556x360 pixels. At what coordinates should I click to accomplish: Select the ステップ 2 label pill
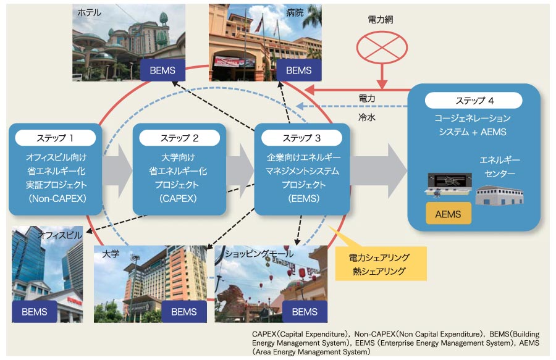point(179,138)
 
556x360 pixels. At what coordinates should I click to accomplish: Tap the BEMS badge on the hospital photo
point(299,70)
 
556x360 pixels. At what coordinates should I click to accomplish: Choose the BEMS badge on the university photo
point(184,312)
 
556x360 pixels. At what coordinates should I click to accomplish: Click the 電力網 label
point(380,20)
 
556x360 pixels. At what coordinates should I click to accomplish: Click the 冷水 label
point(367,116)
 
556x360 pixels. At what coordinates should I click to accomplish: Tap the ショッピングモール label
point(258,254)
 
